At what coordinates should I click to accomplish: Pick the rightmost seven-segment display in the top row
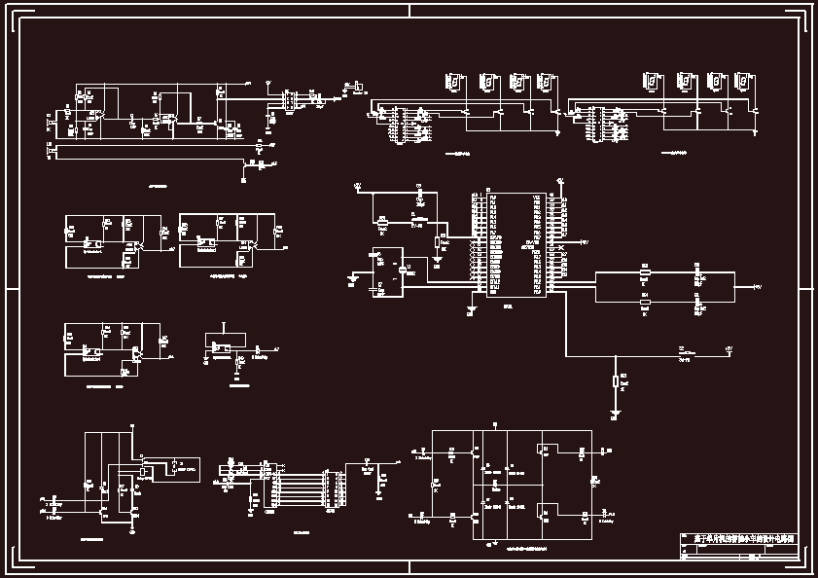click(744, 83)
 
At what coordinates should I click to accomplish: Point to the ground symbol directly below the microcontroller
click(472, 310)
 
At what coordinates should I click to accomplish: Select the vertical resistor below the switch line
click(615, 381)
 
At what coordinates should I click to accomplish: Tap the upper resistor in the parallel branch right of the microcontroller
click(644, 273)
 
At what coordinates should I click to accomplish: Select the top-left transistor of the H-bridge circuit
click(476, 453)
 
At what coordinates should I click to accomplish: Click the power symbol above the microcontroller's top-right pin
click(560, 181)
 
